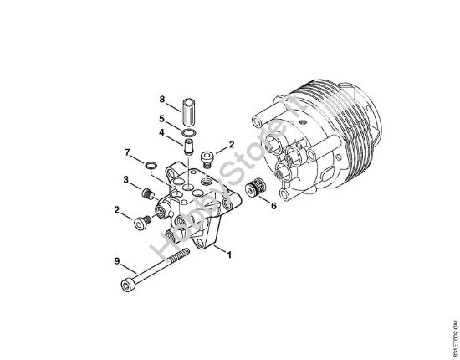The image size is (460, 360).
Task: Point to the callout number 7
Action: (128, 152)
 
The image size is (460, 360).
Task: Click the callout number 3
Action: (125, 179)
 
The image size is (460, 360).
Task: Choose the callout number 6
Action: (273, 205)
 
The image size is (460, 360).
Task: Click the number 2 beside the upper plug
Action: (232, 145)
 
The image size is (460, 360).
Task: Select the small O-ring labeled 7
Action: (148, 164)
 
